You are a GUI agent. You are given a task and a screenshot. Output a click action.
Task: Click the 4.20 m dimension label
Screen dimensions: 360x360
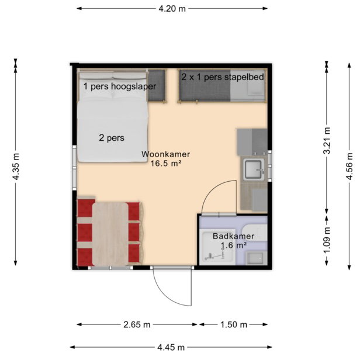tap(172, 9)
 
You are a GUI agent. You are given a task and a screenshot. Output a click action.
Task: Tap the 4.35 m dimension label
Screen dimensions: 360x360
tap(16, 167)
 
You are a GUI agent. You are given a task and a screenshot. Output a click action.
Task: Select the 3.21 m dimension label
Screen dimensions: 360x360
tap(327, 140)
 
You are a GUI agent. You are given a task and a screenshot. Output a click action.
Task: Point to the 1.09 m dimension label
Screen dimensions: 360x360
tap(327, 240)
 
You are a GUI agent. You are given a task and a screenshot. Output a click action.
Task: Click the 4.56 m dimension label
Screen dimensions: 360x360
tap(349, 167)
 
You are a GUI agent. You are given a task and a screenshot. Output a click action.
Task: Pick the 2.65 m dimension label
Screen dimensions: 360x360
tap(137, 325)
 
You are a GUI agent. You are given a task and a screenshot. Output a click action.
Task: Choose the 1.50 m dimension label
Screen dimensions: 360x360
tap(234, 325)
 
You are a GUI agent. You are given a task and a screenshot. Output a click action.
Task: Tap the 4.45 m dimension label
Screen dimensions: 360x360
tap(171, 347)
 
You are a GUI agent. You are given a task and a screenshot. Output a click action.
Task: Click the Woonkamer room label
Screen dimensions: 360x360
tap(165, 154)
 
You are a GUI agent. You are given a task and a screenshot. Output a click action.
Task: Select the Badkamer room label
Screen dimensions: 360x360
tap(234, 236)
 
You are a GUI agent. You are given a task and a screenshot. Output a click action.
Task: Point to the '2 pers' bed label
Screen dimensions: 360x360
tap(112, 138)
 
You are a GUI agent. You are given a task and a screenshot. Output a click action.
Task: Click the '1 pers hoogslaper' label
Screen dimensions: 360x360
tap(120, 86)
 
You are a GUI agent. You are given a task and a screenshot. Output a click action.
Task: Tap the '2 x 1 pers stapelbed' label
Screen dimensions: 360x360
tap(223, 77)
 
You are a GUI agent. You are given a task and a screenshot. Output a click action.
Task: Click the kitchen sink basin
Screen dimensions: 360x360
tap(254, 169)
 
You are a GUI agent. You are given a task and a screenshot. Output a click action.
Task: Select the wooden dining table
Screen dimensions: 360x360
tap(110, 234)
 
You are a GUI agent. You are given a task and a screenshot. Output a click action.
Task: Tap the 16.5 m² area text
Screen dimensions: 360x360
tap(166, 164)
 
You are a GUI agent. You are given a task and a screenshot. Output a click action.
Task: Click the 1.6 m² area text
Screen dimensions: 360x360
tap(234, 245)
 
